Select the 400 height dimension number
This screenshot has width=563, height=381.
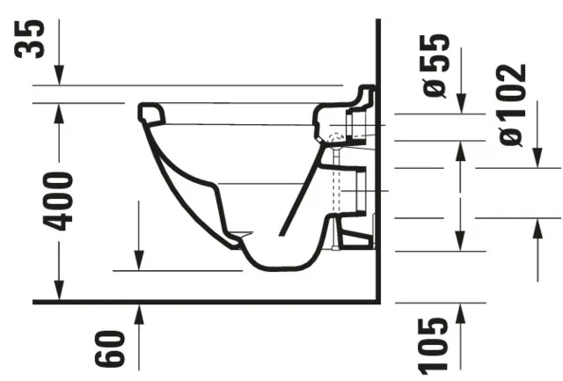pos(60,201)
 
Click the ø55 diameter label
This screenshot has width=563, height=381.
pos(437,65)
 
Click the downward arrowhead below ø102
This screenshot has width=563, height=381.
pos(537,159)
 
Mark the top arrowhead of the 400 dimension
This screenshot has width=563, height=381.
pos(58,111)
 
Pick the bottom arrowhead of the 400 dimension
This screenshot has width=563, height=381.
pos(58,293)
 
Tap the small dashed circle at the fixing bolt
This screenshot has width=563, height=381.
pos(333,138)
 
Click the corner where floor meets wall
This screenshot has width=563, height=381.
pos(378,302)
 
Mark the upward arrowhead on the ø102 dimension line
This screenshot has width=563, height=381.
pos(537,227)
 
